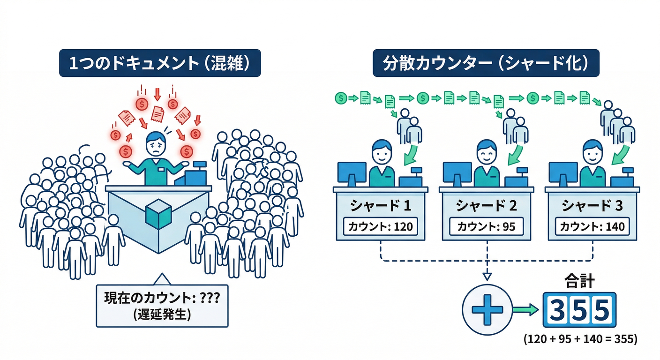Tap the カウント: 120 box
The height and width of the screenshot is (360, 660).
click(380, 227)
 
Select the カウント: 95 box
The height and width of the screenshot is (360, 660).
click(486, 227)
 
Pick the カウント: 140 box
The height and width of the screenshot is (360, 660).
click(592, 227)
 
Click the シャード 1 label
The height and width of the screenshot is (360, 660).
click(380, 206)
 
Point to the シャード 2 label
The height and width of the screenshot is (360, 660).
click(486, 206)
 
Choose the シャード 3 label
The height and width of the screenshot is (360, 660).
click(592, 206)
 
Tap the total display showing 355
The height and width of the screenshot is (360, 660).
click(580, 309)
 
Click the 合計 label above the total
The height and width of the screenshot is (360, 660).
click(580, 282)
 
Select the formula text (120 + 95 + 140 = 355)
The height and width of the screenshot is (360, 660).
click(580, 338)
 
